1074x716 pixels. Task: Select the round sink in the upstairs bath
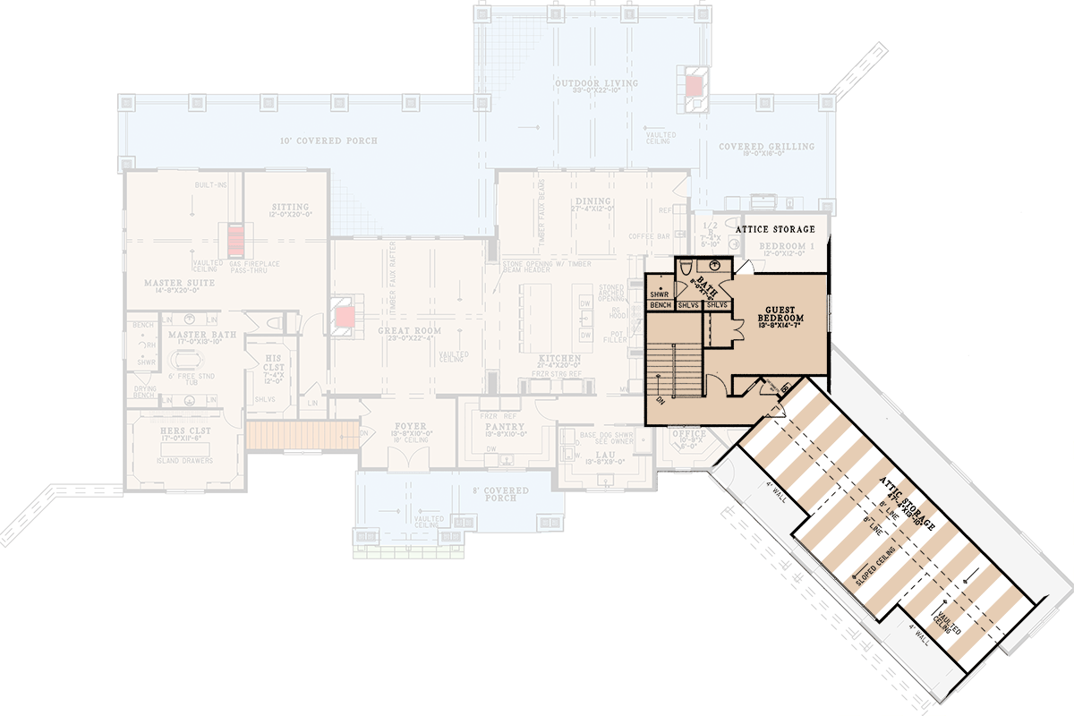click(x=713, y=266)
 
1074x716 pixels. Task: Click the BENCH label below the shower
click(x=661, y=306)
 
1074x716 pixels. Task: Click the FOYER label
click(x=409, y=426)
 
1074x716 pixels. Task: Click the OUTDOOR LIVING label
click(x=596, y=83)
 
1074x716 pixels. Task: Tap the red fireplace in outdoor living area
click(x=695, y=86)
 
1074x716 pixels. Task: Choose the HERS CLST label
click(x=184, y=430)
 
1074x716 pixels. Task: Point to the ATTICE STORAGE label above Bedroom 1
click(x=775, y=230)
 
